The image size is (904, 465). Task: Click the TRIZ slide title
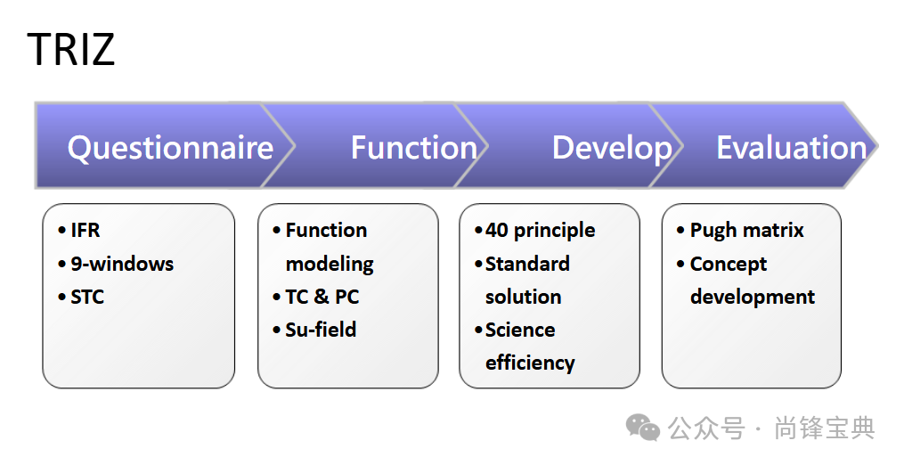(71, 49)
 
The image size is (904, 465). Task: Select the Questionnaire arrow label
(170, 148)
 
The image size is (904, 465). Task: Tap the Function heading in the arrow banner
(413, 148)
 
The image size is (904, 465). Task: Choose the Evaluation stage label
(791, 148)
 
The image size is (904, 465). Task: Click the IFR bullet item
(86, 231)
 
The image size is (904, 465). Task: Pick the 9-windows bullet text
(122, 264)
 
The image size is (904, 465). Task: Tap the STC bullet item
(87, 297)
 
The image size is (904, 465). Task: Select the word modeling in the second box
(330, 265)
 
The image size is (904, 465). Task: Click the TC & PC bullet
(322, 297)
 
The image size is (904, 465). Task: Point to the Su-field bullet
(321, 330)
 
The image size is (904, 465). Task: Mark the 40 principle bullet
(540, 231)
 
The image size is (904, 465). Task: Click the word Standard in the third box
(527, 264)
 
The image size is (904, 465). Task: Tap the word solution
(523, 297)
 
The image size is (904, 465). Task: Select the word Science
(520, 330)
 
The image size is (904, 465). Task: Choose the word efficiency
(530, 363)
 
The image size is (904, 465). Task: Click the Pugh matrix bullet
(746, 231)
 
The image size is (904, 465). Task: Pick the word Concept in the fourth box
(729, 264)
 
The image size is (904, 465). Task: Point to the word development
(753, 297)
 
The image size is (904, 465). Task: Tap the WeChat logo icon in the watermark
(643, 428)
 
